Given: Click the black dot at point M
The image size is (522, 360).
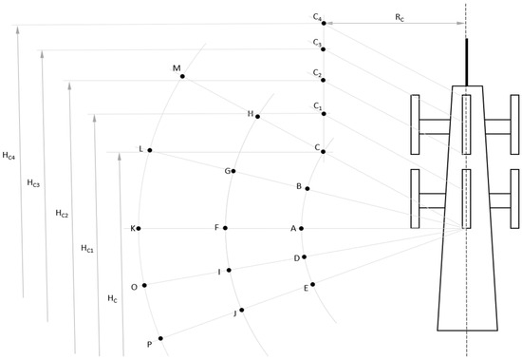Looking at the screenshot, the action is [x=182, y=76].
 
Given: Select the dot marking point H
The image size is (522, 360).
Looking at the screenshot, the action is [x=257, y=116].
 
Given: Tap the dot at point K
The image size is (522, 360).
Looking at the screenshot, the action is [x=139, y=228].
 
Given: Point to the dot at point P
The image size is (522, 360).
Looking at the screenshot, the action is [x=160, y=338].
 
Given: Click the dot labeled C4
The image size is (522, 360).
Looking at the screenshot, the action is [x=324, y=23].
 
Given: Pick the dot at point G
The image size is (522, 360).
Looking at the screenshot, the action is [x=233, y=171].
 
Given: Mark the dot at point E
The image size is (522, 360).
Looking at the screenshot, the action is [x=312, y=284].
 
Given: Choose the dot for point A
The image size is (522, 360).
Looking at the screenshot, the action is [x=301, y=228].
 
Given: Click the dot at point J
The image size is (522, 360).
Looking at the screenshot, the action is [x=242, y=310].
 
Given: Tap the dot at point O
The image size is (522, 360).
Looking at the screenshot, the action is [x=144, y=285].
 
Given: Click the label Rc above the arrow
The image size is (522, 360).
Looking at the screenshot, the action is [x=400, y=17].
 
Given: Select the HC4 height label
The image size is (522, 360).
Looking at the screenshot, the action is [x=9, y=156].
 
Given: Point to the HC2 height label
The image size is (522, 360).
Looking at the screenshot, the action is [x=62, y=214].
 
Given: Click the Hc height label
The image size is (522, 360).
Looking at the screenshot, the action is [x=112, y=298].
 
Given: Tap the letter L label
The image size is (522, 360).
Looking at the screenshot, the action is [x=140, y=149].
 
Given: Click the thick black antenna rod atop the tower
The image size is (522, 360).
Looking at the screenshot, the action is [x=467, y=63].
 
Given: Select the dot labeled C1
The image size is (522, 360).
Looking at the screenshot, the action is [x=324, y=114].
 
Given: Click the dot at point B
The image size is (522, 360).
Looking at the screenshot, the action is [x=308, y=189].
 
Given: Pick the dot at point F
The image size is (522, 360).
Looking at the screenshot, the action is [x=225, y=228].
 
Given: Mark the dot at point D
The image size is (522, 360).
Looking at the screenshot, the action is [x=304, y=256].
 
